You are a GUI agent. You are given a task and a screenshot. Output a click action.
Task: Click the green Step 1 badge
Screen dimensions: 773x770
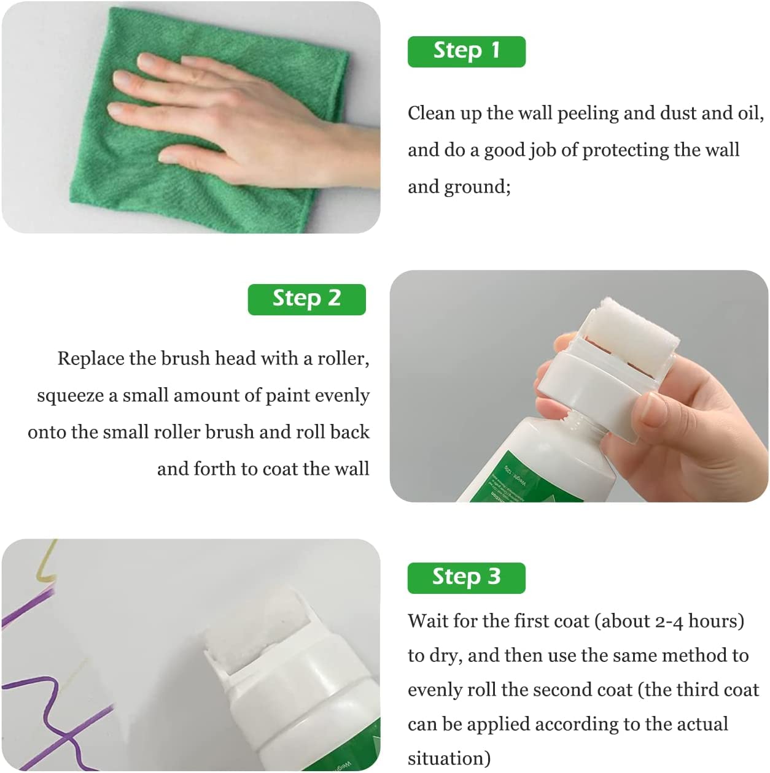coord(466,51)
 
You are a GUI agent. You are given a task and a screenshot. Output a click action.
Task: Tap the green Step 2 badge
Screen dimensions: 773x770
coord(306,299)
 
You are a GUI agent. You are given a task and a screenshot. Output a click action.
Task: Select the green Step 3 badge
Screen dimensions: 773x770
coord(466,577)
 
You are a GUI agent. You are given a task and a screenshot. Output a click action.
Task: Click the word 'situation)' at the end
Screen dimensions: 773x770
coord(449,759)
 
